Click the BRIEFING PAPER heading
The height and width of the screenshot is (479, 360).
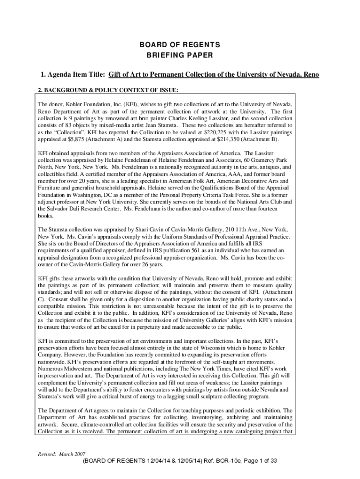pos(180,55)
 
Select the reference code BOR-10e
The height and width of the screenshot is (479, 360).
pos(214,461)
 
